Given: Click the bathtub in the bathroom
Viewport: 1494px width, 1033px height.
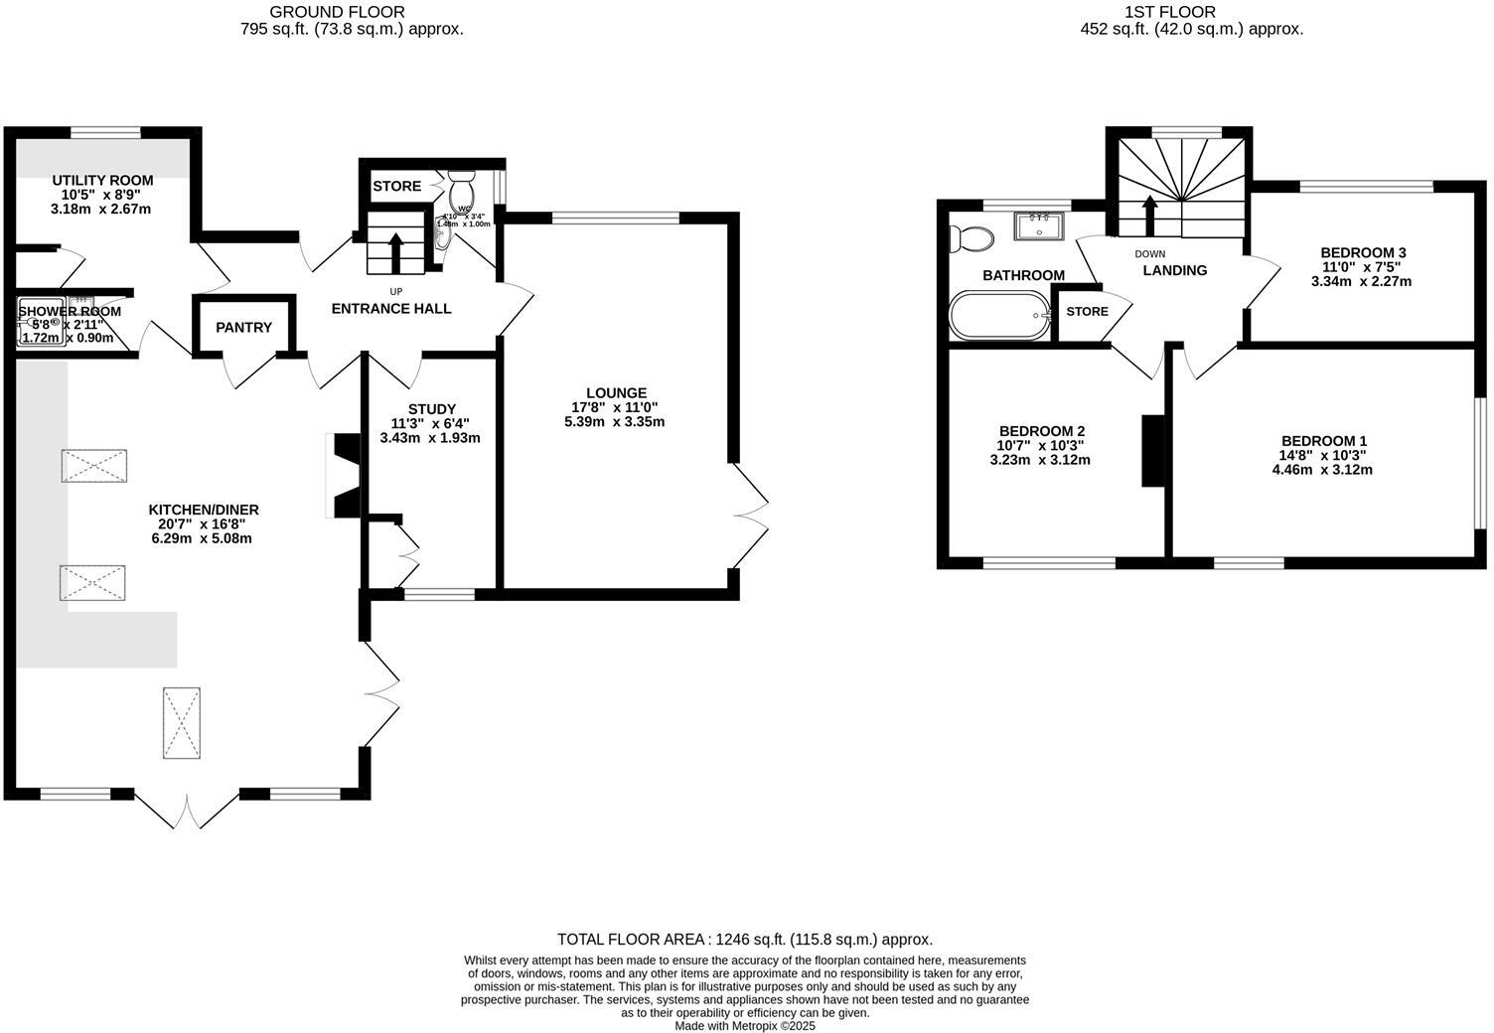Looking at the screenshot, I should tap(999, 316).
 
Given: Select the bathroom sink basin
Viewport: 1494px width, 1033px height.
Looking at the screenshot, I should tap(1039, 226).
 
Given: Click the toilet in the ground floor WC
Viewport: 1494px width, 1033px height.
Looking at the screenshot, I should tap(462, 189).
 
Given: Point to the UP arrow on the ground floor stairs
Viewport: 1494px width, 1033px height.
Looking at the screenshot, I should tap(394, 252).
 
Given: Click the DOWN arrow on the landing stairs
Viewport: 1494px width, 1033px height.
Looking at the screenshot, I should tap(1149, 216).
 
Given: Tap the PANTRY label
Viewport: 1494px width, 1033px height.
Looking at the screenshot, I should tap(243, 327).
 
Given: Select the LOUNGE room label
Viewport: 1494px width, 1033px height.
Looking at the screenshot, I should tap(616, 393).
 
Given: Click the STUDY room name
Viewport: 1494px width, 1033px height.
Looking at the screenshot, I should tap(431, 409).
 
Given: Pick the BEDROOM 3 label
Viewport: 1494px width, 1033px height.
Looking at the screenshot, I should tap(1363, 252).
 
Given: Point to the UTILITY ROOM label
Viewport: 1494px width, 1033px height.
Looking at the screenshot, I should tap(102, 181).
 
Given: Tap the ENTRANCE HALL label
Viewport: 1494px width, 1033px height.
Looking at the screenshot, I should tap(391, 309).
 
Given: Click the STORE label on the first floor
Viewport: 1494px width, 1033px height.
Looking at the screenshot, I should tap(1087, 311).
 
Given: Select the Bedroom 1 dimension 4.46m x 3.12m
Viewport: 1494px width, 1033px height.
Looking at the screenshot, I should tap(1322, 470).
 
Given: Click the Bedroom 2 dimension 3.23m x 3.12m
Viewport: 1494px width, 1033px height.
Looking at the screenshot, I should tap(1040, 460).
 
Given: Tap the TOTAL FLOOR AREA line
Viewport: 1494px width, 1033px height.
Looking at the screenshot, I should tap(745, 939).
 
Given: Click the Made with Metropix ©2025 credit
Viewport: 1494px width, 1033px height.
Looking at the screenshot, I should tap(745, 1026).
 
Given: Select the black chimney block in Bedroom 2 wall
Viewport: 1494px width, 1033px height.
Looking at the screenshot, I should tap(1152, 450).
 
